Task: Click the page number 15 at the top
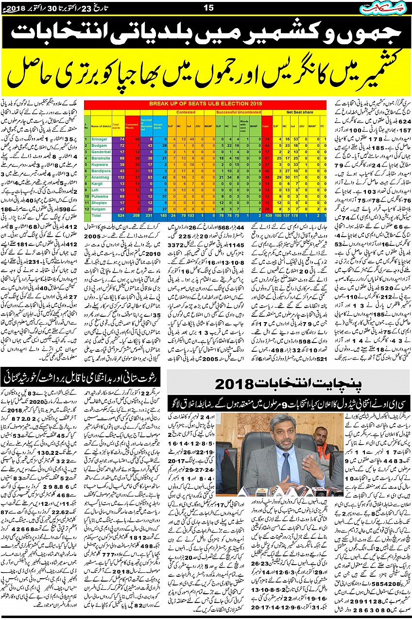(208, 7)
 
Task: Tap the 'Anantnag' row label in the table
(100, 178)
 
